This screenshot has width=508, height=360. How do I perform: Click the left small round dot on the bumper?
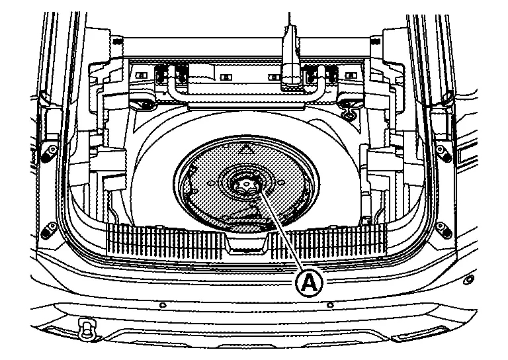163,305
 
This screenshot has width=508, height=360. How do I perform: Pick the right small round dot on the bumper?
331,305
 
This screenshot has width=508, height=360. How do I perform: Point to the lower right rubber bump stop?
442,228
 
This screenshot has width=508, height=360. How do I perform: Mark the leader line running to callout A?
283,232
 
